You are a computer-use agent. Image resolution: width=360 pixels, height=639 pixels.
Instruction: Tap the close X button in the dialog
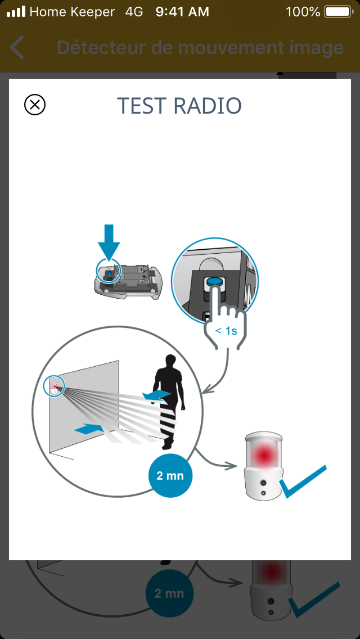tap(35, 105)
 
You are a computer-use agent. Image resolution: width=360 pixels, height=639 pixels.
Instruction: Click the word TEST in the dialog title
tap(142, 106)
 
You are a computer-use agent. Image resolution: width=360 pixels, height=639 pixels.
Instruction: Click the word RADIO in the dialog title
tap(208, 106)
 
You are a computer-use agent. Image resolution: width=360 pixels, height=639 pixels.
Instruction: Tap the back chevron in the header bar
tap(17, 47)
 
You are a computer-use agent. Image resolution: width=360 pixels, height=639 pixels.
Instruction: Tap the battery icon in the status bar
tap(338, 12)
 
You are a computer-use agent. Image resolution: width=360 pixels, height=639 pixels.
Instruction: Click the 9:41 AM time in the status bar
tap(182, 12)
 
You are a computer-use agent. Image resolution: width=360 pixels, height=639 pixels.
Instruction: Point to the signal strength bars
tap(16, 12)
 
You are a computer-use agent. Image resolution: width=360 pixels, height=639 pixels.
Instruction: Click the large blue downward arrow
tap(109, 241)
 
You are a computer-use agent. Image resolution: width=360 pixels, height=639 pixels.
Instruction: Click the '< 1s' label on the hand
tap(226, 331)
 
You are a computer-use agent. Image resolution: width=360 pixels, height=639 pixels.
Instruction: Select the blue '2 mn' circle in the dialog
tap(170, 475)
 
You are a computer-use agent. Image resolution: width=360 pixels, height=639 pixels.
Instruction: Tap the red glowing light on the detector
tap(263, 453)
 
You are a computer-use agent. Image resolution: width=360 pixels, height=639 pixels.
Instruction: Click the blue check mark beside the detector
tap(303, 481)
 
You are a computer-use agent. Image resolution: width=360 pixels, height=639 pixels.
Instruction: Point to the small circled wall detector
tap(54, 385)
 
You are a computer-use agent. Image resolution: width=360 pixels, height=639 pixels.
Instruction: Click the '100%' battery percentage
tap(303, 12)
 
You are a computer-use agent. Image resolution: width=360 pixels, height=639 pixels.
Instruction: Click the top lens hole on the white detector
tap(263, 483)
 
